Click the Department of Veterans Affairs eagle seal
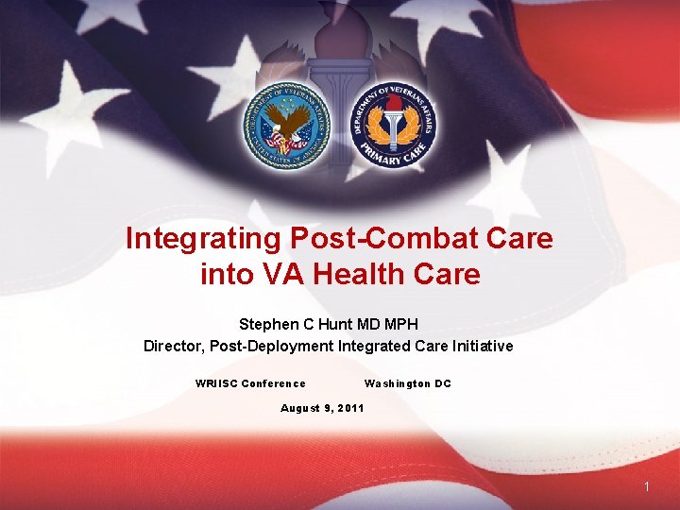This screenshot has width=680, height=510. [x=285, y=126]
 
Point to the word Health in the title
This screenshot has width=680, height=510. [x=365, y=275]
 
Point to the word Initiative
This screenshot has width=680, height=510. [x=482, y=346]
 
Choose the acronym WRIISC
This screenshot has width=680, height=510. [x=216, y=383]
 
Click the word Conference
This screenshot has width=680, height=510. [x=274, y=383]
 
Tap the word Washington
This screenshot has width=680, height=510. [x=397, y=383]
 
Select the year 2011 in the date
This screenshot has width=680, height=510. [x=348, y=408]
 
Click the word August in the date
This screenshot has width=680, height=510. [x=300, y=408]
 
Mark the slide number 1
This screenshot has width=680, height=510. [x=647, y=486]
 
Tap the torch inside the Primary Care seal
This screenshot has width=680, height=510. [x=392, y=123]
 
